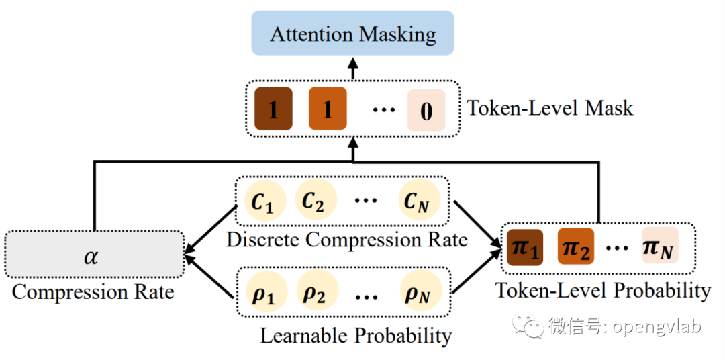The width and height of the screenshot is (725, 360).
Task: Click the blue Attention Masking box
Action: coord(352,34)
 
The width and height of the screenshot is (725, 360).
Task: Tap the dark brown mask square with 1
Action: coord(273,109)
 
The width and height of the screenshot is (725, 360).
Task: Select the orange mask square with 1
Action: coord(328,109)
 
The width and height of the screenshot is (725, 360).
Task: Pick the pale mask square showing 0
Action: coord(426,110)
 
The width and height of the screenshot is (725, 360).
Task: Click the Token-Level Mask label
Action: coord(550,109)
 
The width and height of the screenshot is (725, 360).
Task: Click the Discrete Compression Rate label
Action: coord(347,240)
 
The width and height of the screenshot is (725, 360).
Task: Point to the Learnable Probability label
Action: coord(356,336)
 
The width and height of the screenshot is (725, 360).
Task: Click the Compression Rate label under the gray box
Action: coord(93,292)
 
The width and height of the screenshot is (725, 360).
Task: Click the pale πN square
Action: coord(661,245)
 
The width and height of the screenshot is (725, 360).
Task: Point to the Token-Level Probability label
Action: coord(602,291)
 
